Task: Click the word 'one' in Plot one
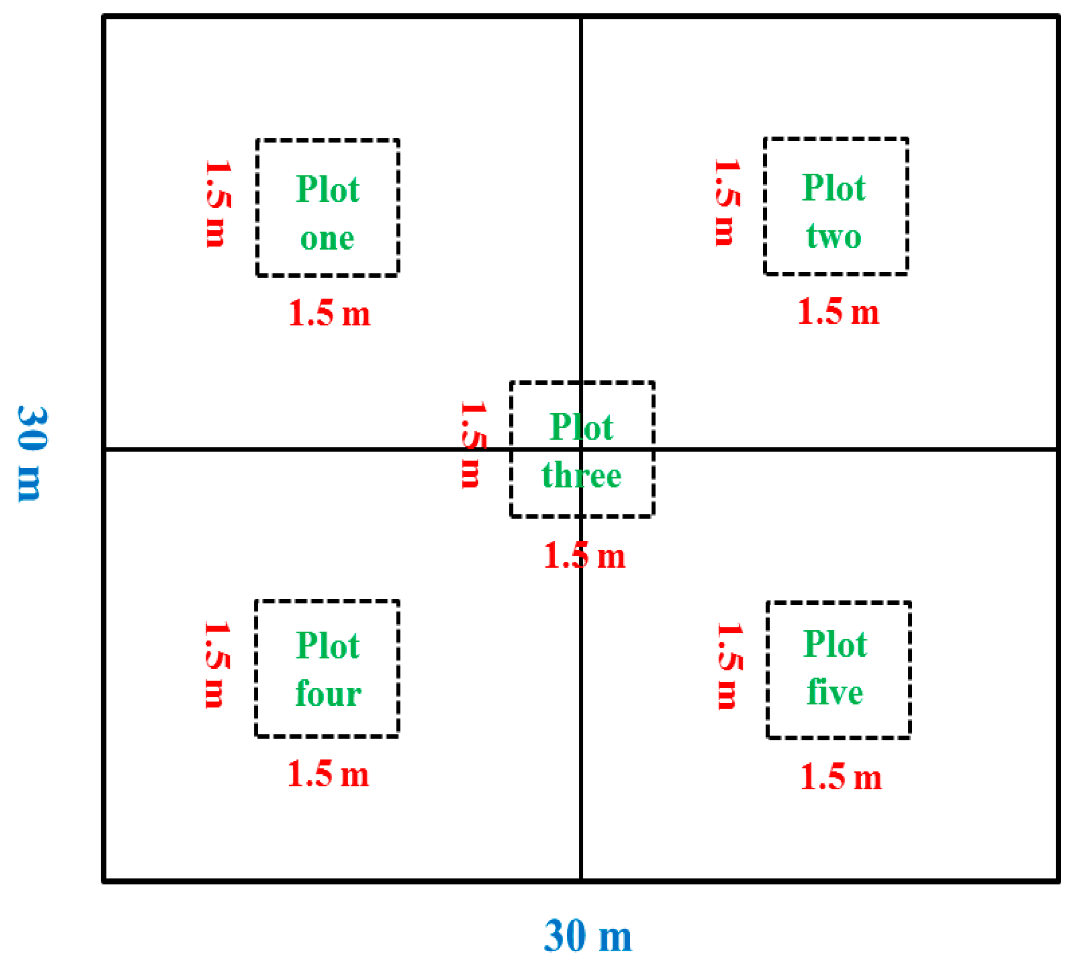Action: click(327, 238)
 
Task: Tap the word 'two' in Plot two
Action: click(834, 237)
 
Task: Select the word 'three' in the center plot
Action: click(582, 476)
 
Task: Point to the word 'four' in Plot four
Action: click(328, 695)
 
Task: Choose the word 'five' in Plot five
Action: click(835, 693)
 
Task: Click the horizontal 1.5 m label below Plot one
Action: click(330, 314)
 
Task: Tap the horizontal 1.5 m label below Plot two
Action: click(838, 312)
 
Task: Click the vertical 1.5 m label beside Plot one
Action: click(218, 203)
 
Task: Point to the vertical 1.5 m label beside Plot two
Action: click(727, 202)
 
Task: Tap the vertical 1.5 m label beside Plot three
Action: click(473, 445)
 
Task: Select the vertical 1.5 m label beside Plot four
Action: click(216, 665)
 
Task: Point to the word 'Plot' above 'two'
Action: click(833, 188)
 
